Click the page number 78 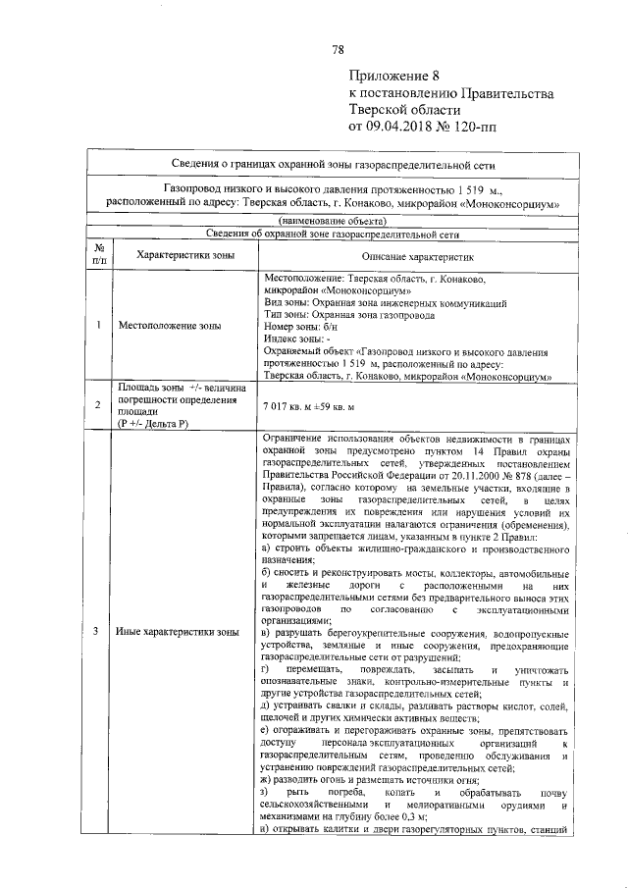[x=337, y=50]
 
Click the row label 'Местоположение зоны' [x=169, y=326]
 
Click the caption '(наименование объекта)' [x=331, y=221]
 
